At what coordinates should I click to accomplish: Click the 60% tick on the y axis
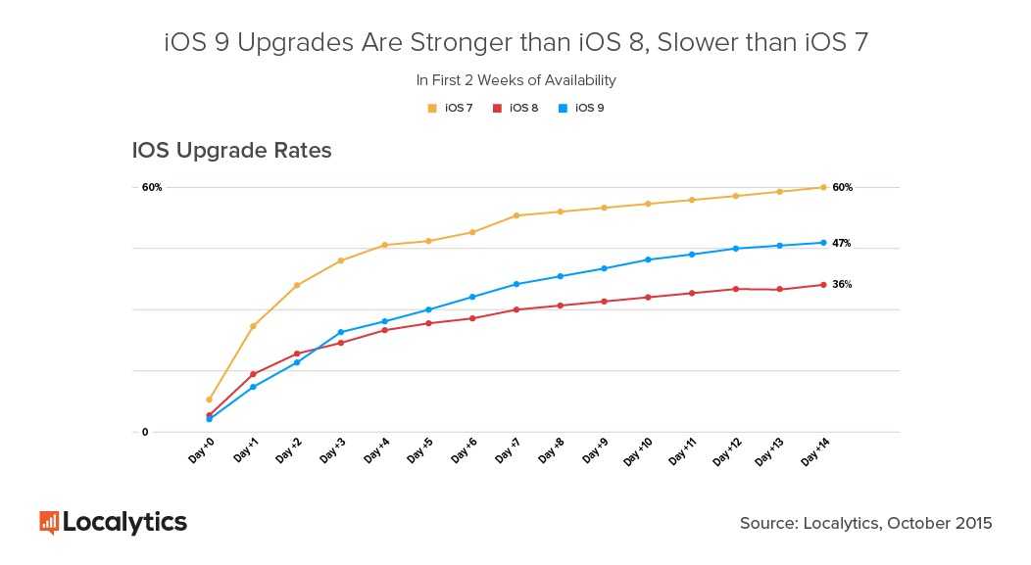[152, 187]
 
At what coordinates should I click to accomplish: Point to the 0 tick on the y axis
[145, 432]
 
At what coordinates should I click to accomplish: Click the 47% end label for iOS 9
[841, 243]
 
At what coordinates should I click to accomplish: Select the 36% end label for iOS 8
[841, 285]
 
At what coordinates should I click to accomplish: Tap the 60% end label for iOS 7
[842, 187]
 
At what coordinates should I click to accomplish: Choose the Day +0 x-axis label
[202, 452]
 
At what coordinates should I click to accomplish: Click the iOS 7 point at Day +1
[253, 326]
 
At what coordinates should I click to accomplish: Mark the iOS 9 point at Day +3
[340, 332]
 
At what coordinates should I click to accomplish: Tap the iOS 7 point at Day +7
[515, 215]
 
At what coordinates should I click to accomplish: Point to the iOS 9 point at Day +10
[648, 259]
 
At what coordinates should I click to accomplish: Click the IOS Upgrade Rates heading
[232, 151]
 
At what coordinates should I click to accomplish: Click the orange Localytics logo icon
[49, 522]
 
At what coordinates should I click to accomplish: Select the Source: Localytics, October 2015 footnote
[865, 523]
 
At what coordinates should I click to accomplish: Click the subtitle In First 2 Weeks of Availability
[515, 80]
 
